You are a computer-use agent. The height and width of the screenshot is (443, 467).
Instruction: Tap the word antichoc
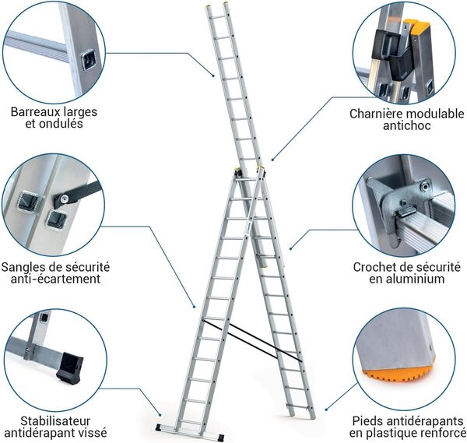406,127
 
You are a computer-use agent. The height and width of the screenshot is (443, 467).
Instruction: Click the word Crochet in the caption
370,265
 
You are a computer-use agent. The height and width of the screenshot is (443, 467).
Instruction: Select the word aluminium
415,279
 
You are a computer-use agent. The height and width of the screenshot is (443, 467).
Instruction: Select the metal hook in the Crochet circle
405,204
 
